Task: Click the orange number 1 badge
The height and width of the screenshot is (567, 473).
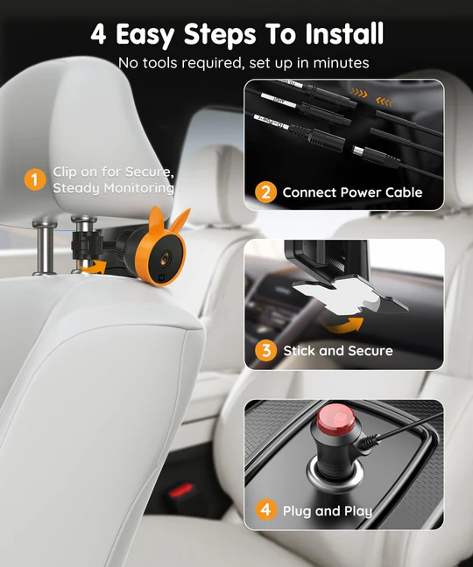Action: coord(34,180)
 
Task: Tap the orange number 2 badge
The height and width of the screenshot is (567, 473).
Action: coord(265,192)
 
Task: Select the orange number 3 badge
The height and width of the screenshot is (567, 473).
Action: coord(265,351)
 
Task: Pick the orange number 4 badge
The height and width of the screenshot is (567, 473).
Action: coord(265,510)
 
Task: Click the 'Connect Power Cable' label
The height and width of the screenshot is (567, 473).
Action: coord(352,192)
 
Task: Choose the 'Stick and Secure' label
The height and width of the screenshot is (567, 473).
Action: coord(338,351)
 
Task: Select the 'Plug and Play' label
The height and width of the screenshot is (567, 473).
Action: coord(327,510)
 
